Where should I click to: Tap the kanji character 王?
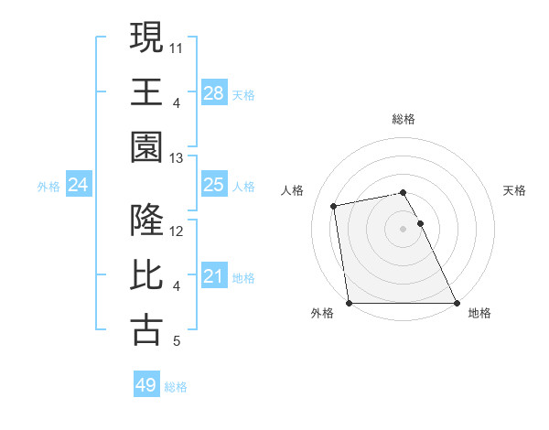147,91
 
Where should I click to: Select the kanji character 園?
147,146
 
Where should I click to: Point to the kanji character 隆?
147,221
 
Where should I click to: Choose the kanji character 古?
147,330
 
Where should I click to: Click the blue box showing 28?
214,92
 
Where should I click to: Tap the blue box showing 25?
214,185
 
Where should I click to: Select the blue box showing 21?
214,276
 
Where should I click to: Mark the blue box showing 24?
79,185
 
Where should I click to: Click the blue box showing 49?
146,385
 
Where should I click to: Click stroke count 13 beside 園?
177,158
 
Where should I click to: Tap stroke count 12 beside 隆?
177,232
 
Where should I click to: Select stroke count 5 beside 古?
177,342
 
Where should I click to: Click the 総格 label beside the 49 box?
176,387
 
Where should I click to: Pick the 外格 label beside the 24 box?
48,187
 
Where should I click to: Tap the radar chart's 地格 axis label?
479,313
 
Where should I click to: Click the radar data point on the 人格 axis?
335,206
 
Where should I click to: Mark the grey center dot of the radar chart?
403,228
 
